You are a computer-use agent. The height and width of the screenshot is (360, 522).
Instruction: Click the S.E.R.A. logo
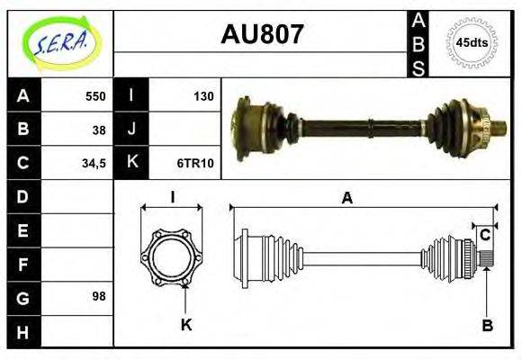pos(59,42)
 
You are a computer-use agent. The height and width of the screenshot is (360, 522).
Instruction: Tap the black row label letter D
pos(22,196)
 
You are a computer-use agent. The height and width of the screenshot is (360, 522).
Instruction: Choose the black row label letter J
pos(131,130)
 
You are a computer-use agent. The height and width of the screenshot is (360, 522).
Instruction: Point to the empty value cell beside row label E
pos(77,230)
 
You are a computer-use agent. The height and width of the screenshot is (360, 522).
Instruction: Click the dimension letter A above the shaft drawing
pos(346,199)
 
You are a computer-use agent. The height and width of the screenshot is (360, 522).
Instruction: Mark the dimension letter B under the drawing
pos(487,326)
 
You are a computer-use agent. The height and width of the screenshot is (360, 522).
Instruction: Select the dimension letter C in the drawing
pos(484,236)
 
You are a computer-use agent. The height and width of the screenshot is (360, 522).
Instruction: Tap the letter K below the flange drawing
pos(186,325)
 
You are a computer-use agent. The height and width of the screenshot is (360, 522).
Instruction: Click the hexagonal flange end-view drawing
pos(171,258)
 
